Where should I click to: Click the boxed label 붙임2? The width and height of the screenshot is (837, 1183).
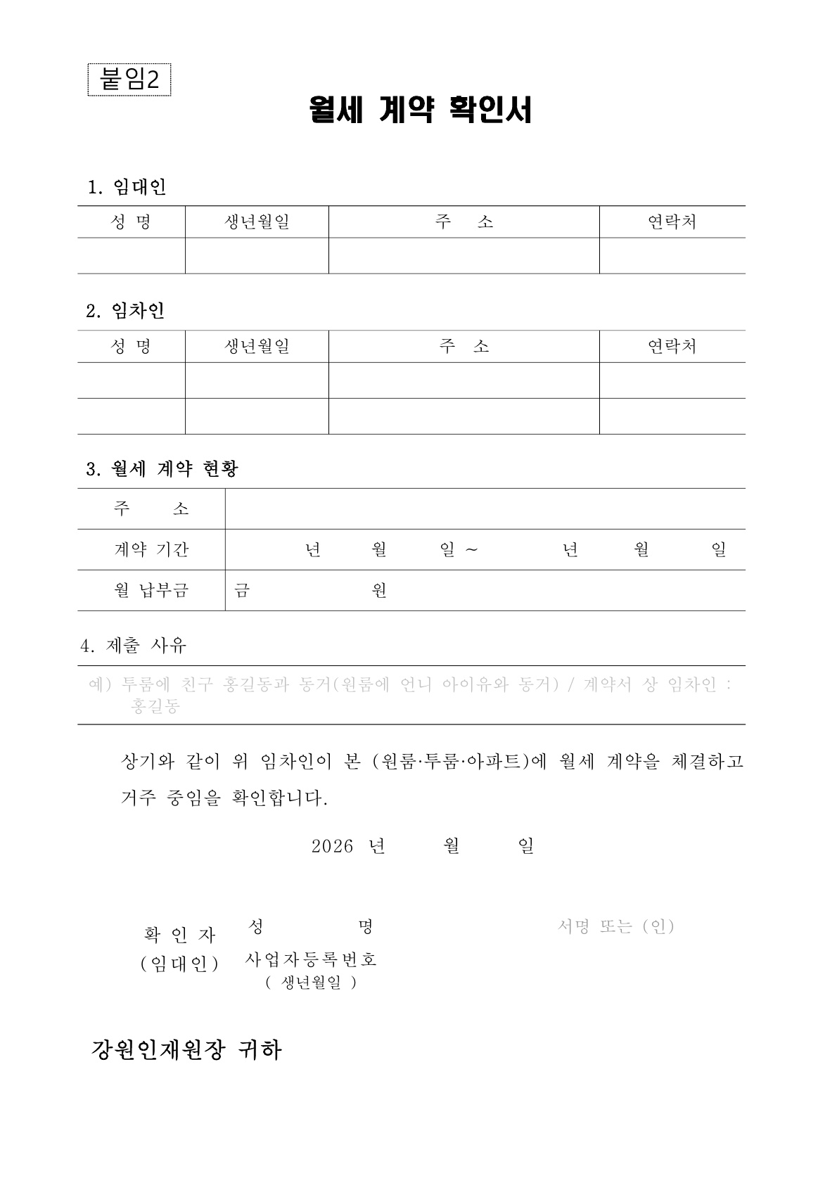pyautogui.click(x=129, y=79)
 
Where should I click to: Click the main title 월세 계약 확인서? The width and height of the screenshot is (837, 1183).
pyautogui.click(x=420, y=110)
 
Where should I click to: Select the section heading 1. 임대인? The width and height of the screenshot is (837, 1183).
pyautogui.click(x=127, y=187)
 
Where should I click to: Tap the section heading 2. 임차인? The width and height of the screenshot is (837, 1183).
pyautogui.click(x=125, y=311)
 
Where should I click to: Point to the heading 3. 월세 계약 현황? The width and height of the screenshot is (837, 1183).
pyautogui.click(x=162, y=469)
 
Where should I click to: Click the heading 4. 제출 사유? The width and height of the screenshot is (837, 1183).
pyautogui.click(x=134, y=645)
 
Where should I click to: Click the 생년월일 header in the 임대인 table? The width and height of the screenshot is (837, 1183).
pyautogui.click(x=257, y=222)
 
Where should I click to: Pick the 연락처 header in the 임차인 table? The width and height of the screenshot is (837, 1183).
pyautogui.click(x=672, y=346)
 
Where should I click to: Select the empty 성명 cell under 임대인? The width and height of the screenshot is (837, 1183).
pyautogui.click(x=131, y=255)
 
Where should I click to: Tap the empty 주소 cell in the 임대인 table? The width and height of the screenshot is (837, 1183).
pyautogui.click(x=464, y=255)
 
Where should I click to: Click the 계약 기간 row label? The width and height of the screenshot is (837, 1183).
pyautogui.click(x=151, y=549)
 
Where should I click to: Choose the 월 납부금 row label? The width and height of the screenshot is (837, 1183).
pyautogui.click(x=151, y=590)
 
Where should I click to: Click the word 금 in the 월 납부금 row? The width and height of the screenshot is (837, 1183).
pyautogui.click(x=242, y=590)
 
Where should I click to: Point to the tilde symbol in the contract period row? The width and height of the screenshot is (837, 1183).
pyautogui.click(x=471, y=549)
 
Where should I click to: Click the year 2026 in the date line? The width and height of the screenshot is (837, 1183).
pyautogui.click(x=332, y=846)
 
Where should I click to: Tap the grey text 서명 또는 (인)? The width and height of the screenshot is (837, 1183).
pyautogui.click(x=615, y=926)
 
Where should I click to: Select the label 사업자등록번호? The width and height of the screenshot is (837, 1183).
pyautogui.click(x=311, y=959)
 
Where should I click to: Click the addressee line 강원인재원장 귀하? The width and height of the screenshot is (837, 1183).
pyautogui.click(x=186, y=1050)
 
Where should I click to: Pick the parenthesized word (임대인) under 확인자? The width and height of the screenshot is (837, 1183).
pyautogui.click(x=179, y=964)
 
